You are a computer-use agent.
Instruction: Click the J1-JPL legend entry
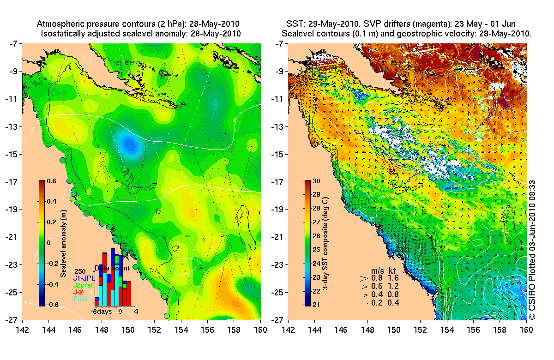83,278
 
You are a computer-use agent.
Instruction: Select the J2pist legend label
83,285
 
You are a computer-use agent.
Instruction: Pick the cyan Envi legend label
80,300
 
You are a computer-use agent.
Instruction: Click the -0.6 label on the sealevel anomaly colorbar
52,304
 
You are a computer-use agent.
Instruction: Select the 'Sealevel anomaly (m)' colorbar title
63,243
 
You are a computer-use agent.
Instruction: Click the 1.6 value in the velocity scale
394,278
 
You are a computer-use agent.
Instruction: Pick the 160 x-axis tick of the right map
526,330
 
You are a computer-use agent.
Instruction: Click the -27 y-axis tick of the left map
13,320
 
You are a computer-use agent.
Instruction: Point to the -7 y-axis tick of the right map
280,44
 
